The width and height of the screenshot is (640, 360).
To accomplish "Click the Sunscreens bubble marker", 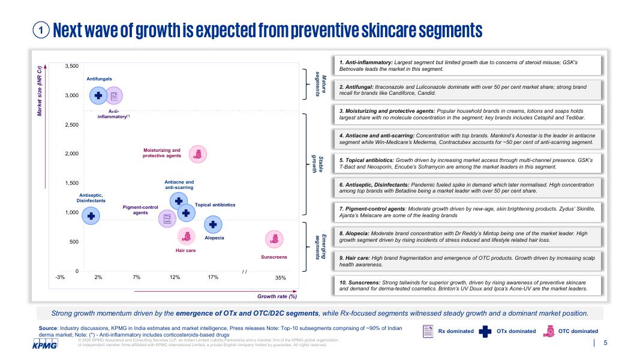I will coord(274,239).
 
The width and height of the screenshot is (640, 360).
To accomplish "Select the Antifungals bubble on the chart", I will coord(98,95).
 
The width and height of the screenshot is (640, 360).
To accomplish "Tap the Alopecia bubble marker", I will coord(214,224).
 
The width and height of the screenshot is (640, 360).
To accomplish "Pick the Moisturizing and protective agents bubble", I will coord(197,154).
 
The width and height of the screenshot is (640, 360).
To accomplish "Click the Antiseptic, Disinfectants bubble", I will coord(91,216).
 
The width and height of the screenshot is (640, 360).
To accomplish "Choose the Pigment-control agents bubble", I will coord(167,218).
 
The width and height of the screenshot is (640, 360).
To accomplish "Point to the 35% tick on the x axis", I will coord(281,278).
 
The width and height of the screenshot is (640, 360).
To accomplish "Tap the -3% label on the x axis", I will coord(60,278).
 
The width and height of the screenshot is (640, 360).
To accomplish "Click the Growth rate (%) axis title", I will coord(277,296).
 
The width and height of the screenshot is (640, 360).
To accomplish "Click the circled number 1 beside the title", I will coord(41,30).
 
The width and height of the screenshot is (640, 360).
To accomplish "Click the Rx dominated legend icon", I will coord(428,331).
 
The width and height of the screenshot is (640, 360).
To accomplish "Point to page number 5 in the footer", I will coord(605,343).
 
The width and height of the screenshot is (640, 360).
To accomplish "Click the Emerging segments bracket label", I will coord(319,247).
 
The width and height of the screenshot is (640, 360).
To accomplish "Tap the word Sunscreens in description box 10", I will coord(363,281).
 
